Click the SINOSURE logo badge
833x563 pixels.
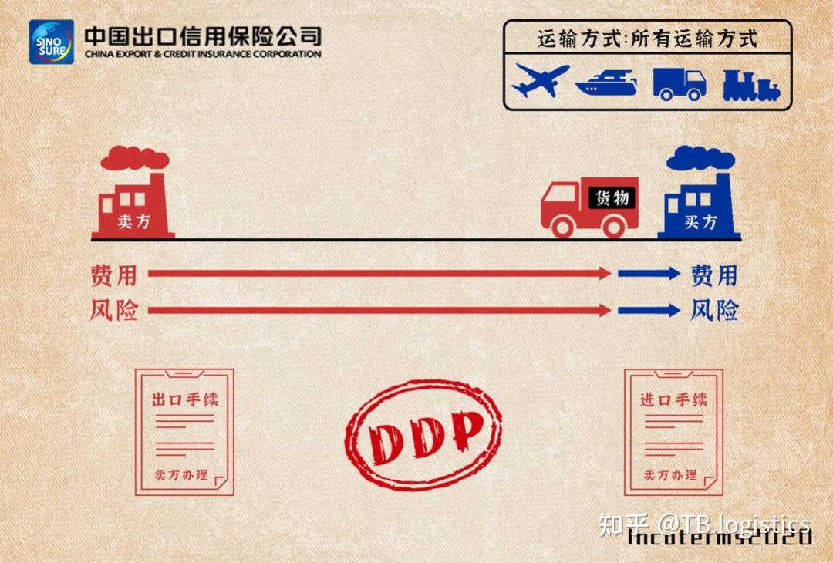click(x=52, y=42)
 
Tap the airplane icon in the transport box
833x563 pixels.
click(x=540, y=80)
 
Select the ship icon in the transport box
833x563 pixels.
click(x=606, y=82)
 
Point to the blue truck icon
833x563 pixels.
click(x=679, y=83)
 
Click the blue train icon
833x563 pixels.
click(x=750, y=85)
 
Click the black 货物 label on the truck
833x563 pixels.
click(x=612, y=197)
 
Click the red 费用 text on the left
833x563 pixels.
click(x=113, y=275)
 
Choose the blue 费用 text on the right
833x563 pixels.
click(x=713, y=275)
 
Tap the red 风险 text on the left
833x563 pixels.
click(x=113, y=311)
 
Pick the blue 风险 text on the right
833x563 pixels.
click(x=713, y=311)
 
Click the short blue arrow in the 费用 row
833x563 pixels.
click(x=648, y=273)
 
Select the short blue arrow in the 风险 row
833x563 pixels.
click(x=648, y=310)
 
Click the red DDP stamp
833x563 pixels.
click(x=423, y=434)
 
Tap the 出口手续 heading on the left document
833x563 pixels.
click(x=185, y=400)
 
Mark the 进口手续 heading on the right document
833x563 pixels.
click(x=673, y=399)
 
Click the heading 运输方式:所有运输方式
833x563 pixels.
click(x=647, y=38)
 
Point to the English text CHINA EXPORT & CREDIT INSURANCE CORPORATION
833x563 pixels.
click(x=203, y=55)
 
